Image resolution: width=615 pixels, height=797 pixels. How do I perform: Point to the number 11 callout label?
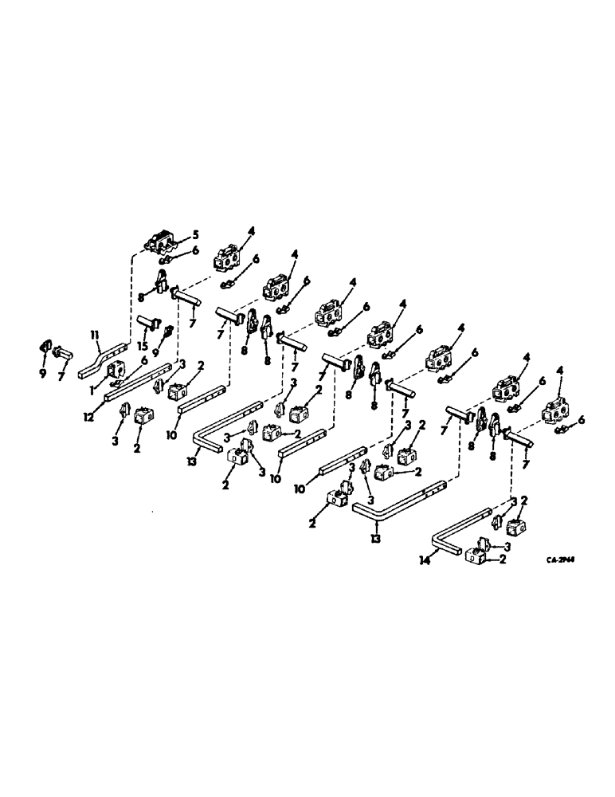93,338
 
